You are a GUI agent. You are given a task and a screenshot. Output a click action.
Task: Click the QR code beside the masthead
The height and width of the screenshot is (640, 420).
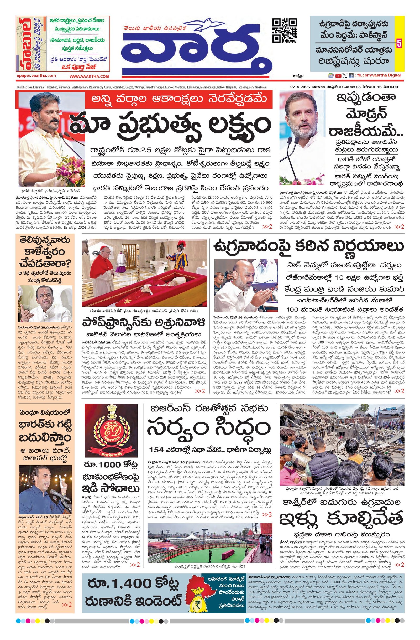point(285,30)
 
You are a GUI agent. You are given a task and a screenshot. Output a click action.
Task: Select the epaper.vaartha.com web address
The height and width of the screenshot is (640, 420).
point(36,76)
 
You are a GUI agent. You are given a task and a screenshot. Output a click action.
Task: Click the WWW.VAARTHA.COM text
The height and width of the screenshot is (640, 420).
point(89,76)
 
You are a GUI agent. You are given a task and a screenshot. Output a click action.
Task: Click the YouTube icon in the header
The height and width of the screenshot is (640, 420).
point(338,76)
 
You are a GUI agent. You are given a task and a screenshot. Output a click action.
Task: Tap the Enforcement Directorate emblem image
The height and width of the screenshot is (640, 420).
point(111,429)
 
